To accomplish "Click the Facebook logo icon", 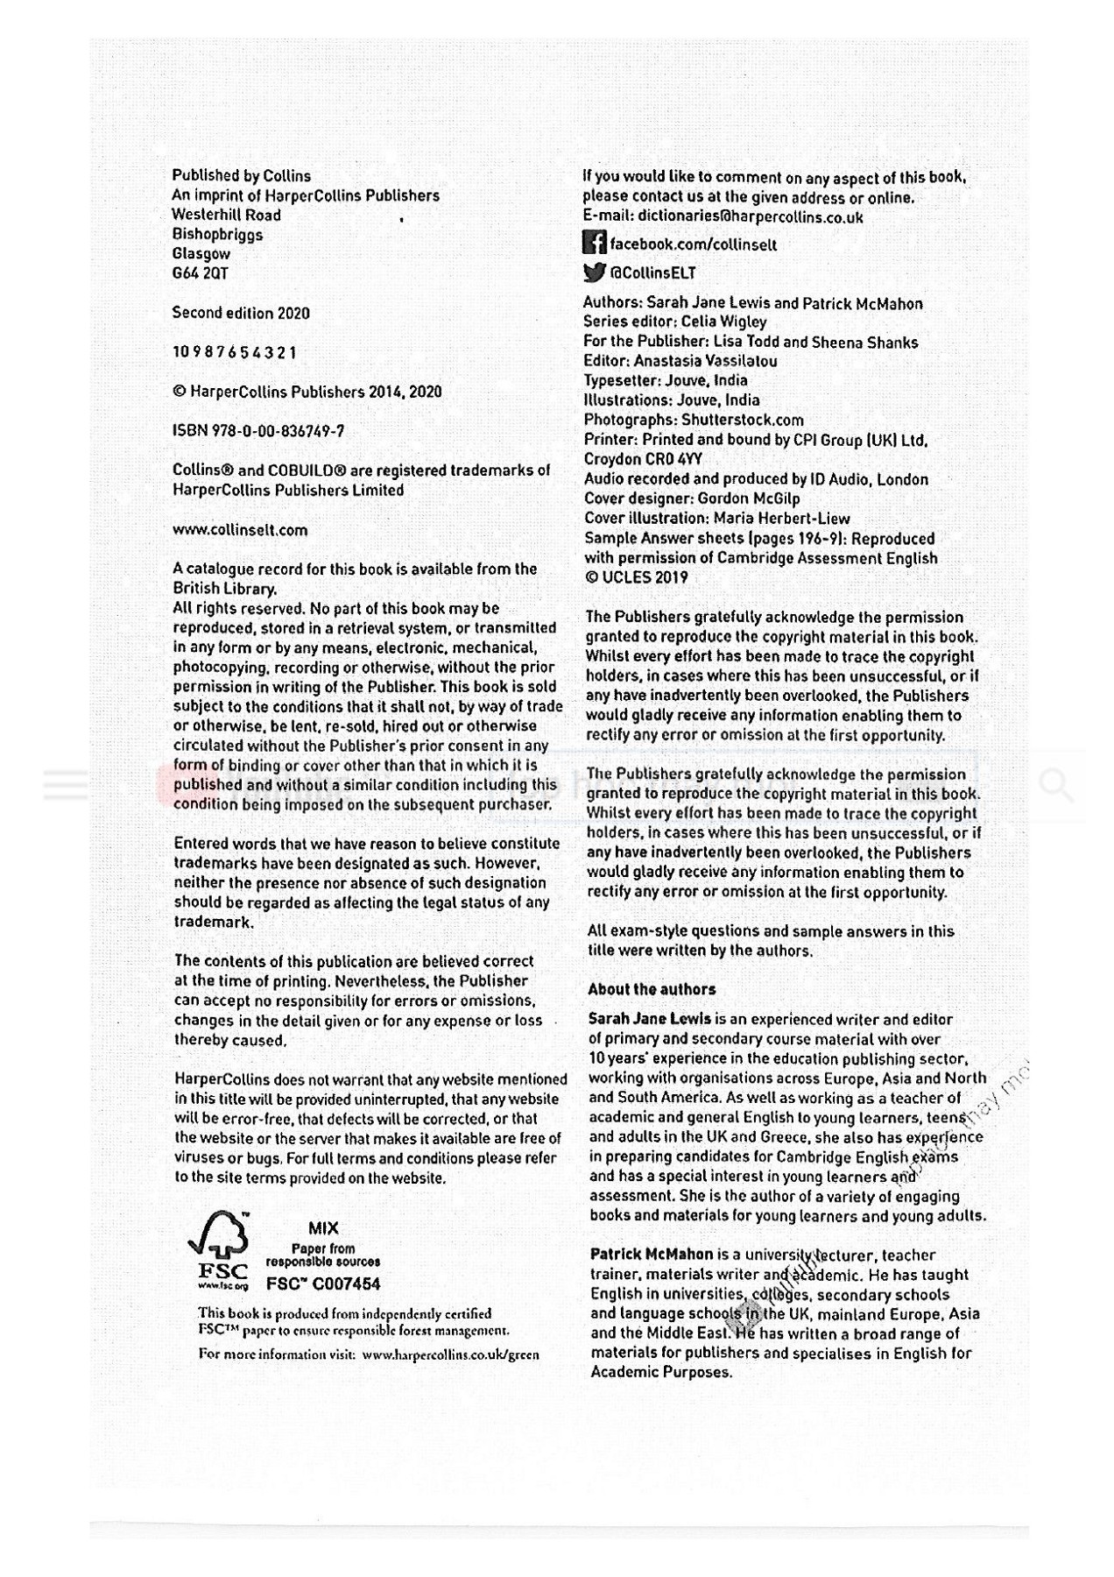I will click(x=595, y=243).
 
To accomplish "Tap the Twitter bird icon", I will click(x=595, y=272).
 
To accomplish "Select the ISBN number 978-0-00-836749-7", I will click(x=258, y=431).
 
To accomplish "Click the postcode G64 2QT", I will click(x=201, y=273).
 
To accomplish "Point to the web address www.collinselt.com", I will click(x=240, y=529).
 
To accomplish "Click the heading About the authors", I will click(x=652, y=989).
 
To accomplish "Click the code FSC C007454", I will click(x=323, y=1284).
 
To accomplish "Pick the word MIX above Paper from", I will click(x=323, y=1228).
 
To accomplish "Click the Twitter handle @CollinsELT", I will click(x=653, y=272).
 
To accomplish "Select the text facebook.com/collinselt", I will click(x=693, y=244).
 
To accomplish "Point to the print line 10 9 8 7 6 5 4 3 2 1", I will click(x=235, y=352).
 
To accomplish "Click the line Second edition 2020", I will click(x=241, y=313).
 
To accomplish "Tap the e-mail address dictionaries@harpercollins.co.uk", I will click(x=750, y=217).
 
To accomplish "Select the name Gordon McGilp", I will click(x=749, y=499).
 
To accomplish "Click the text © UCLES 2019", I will click(x=637, y=577).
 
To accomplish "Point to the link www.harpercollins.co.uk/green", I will click(x=450, y=1354).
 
